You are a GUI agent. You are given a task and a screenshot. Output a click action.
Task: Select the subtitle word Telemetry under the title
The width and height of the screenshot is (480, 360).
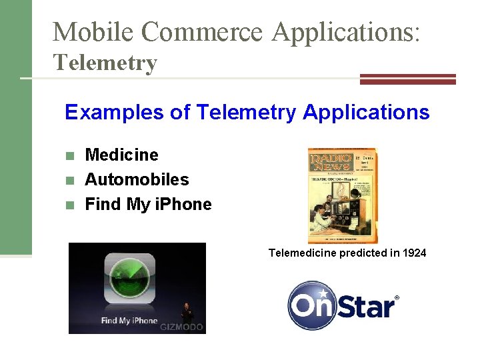(105, 63)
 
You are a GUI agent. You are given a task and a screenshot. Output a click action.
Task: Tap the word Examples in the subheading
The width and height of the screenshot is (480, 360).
(114, 112)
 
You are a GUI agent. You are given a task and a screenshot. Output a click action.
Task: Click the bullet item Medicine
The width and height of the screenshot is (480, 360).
(122, 155)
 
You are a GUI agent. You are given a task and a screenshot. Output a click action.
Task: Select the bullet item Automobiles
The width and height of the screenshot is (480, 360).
(137, 179)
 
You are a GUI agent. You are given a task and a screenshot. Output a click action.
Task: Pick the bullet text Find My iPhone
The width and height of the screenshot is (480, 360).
(148, 204)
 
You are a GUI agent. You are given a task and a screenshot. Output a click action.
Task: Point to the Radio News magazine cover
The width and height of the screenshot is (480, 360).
(342, 195)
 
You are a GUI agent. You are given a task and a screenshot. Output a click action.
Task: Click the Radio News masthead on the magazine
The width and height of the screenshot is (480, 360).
(329, 164)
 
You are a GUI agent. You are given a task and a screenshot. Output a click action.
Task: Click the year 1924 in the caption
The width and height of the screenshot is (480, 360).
(413, 253)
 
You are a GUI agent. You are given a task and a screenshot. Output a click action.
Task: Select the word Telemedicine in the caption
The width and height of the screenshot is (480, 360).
(303, 253)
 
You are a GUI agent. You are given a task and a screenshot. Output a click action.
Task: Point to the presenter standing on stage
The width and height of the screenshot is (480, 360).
(187, 313)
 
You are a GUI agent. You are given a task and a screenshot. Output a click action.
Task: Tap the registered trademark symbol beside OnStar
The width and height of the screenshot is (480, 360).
(397, 298)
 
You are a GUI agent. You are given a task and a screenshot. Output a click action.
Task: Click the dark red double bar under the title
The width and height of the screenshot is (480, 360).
(407, 79)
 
